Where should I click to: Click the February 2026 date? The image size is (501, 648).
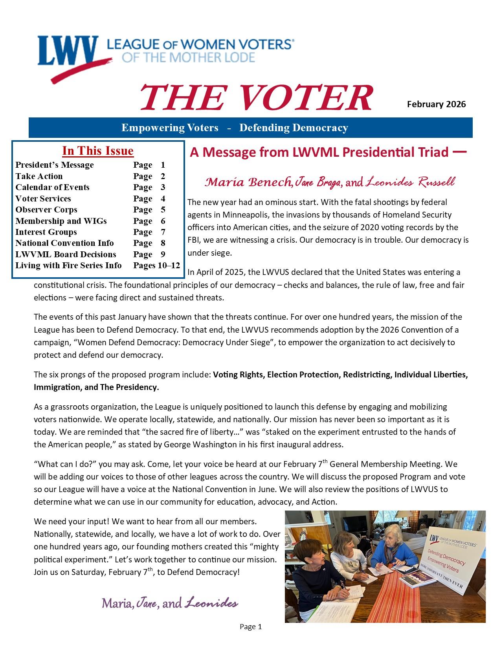click(436, 104)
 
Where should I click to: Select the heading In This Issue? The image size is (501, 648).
click(98, 151)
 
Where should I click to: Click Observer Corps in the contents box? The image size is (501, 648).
click(46, 210)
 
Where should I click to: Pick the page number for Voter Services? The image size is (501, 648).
click(163, 199)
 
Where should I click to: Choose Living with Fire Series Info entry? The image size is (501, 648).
click(68, 265)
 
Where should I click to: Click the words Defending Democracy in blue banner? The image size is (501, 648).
click(294, 128)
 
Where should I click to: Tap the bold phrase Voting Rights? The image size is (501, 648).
click(238, 375)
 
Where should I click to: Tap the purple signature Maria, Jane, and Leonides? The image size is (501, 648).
click(170, 603)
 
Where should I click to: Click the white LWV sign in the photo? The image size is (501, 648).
click(452, 558)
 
